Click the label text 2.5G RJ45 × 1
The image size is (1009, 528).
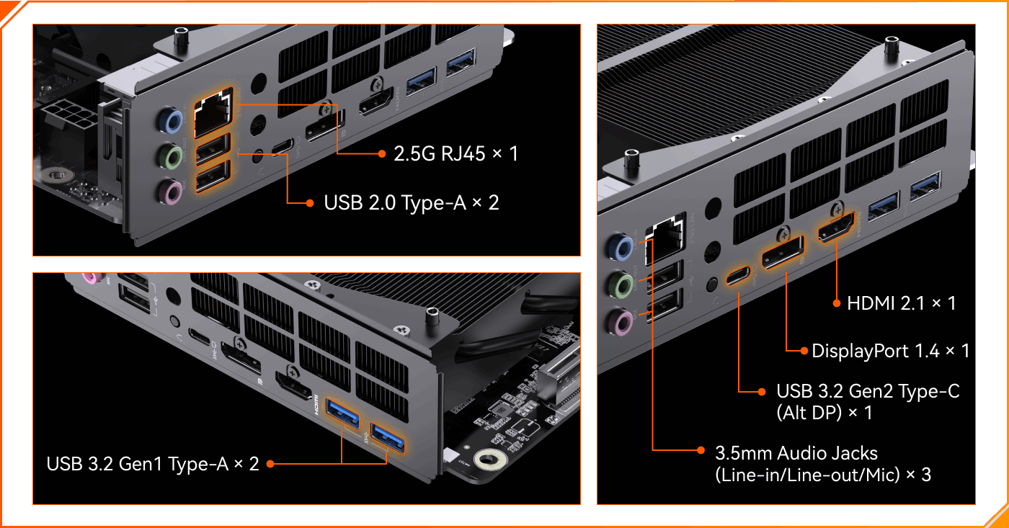455,154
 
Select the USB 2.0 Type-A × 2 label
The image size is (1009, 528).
412,203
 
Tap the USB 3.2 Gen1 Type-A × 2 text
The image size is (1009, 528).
153,464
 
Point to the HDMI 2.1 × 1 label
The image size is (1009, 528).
902,303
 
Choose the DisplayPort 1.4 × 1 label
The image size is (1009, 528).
891,351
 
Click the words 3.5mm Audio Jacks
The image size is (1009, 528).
796,453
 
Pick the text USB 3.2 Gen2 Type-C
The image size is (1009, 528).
868,392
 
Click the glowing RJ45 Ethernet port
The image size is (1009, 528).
213,112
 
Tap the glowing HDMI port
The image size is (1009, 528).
836,228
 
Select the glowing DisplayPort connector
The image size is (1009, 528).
783,253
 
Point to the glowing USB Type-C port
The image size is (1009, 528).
738,276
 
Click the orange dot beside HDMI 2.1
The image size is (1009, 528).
837,303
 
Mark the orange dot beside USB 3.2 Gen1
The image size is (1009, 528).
270,464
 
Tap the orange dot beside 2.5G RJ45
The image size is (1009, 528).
382,154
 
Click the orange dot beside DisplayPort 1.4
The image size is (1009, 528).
804,351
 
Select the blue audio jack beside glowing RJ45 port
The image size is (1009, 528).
171,120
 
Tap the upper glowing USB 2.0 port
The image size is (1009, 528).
213,148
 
